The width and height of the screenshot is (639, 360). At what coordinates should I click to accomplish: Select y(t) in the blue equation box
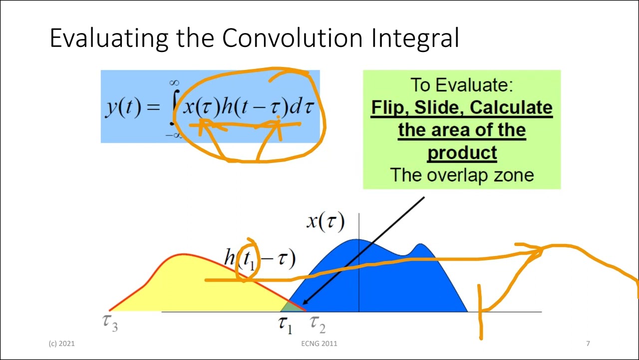(x=123, y=107)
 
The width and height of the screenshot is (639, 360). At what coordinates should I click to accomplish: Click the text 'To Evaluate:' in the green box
(x=461, y=85)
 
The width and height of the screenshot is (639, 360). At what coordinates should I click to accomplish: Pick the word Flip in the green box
(x=387, y=107)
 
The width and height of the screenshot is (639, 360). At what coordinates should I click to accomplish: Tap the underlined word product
(x=462, y=152)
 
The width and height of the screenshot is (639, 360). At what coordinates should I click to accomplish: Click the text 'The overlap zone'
(x=462, y=175)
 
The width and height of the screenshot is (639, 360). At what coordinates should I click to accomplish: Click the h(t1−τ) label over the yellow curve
(x=260, y=258)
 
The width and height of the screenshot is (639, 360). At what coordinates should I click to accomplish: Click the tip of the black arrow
(x=304, y=303)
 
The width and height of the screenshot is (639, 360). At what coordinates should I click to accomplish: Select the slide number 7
(x=588, y=343)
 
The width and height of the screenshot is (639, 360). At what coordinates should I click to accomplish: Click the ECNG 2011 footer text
(x=319, y=343)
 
